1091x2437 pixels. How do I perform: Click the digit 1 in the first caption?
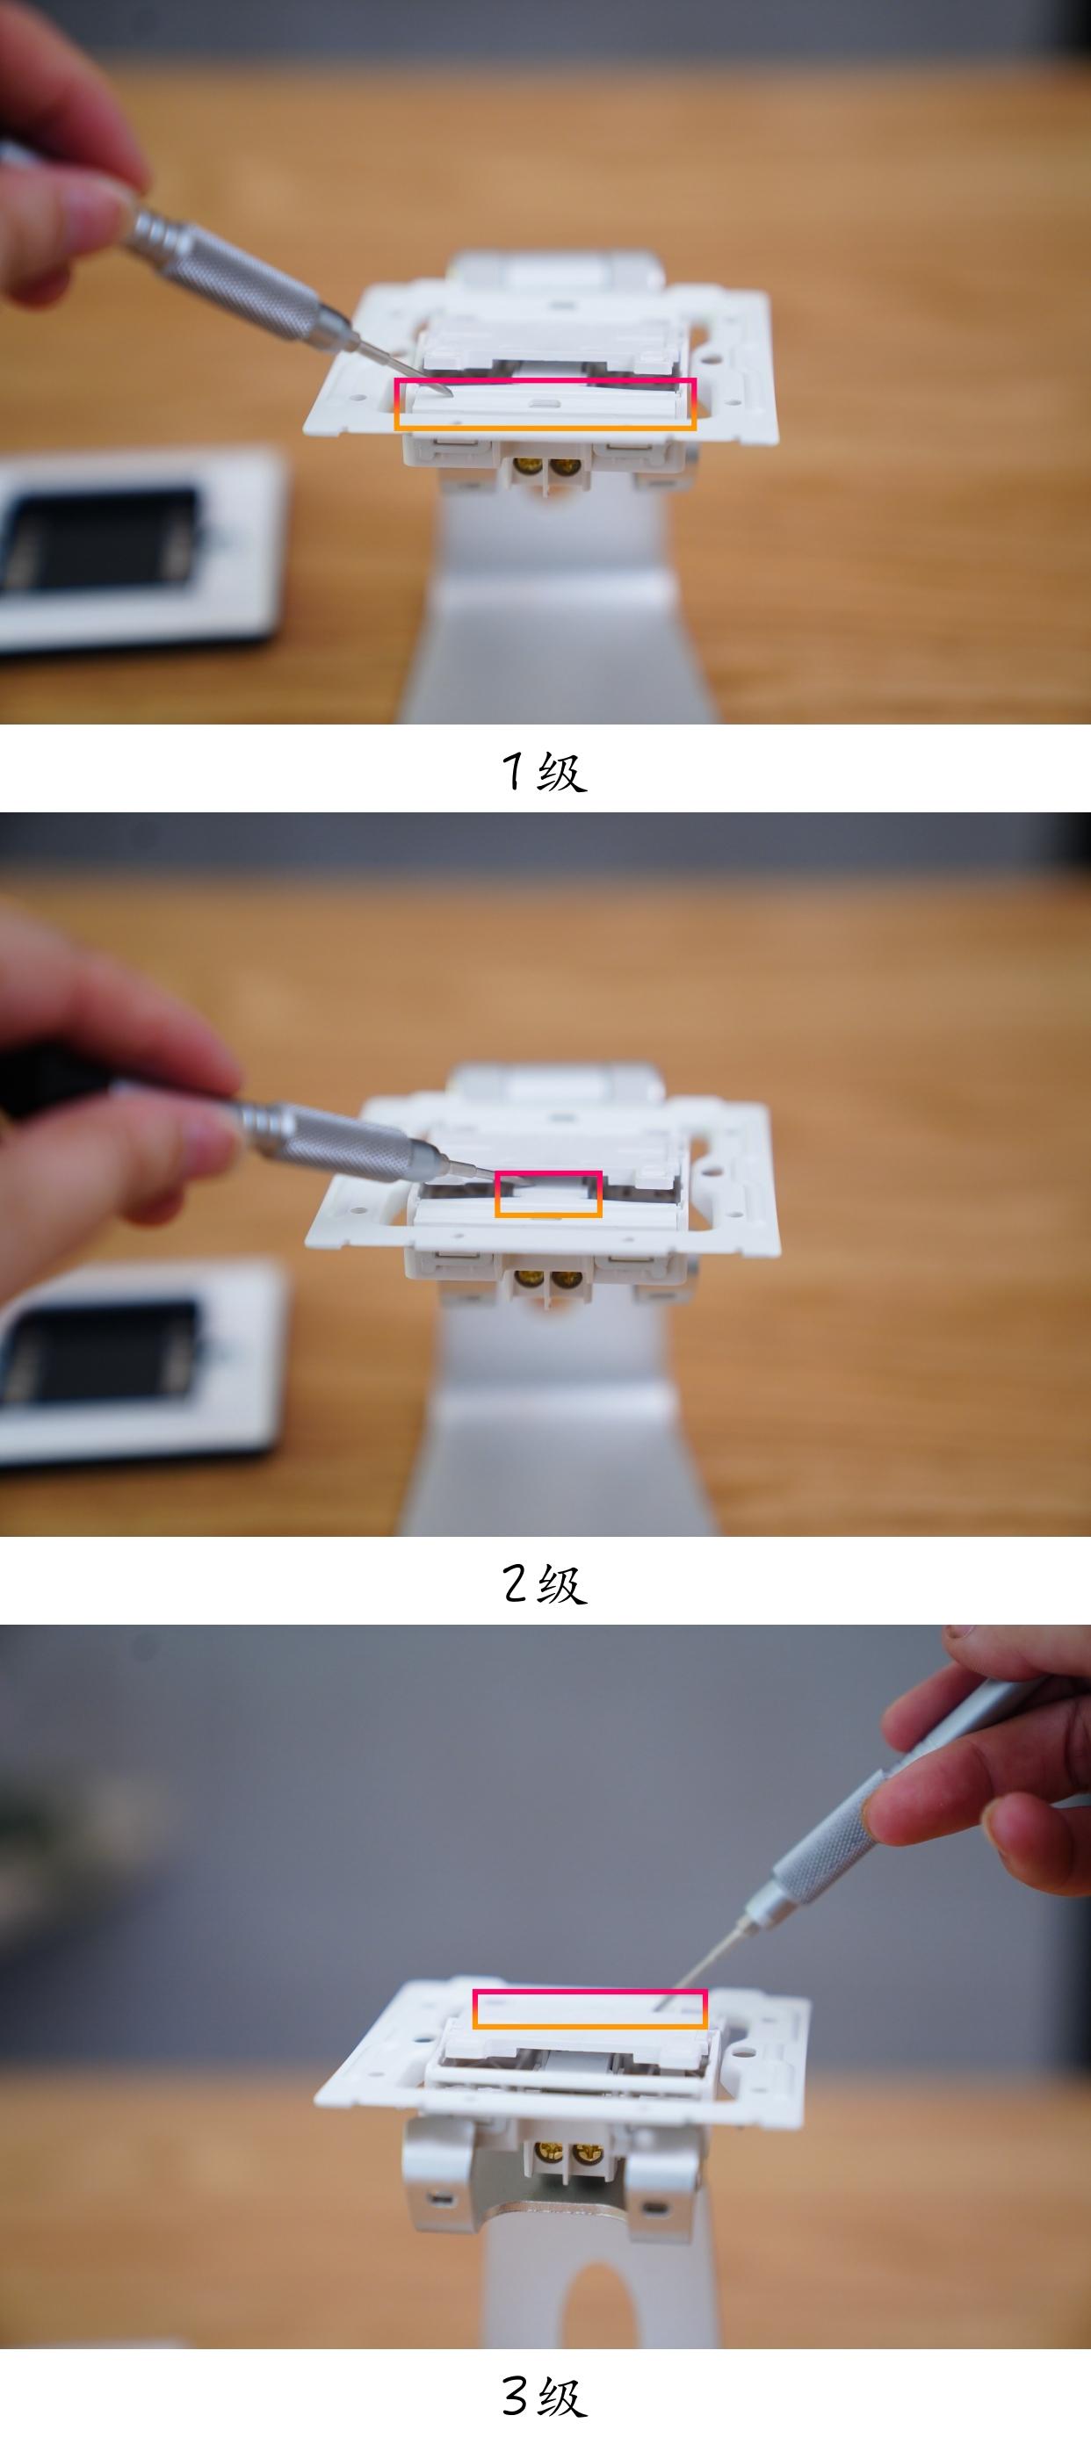coord(512,771)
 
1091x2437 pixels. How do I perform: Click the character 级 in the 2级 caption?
coord(562,1583)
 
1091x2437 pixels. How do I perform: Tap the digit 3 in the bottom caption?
coord(515,2395)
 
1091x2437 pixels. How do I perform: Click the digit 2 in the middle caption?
coord(515,1583)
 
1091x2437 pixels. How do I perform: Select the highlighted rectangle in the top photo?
coord(545,405)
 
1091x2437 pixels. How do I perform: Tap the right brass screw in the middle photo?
coord(566,1281)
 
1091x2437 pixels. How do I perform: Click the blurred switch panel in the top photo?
coord(133,549)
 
